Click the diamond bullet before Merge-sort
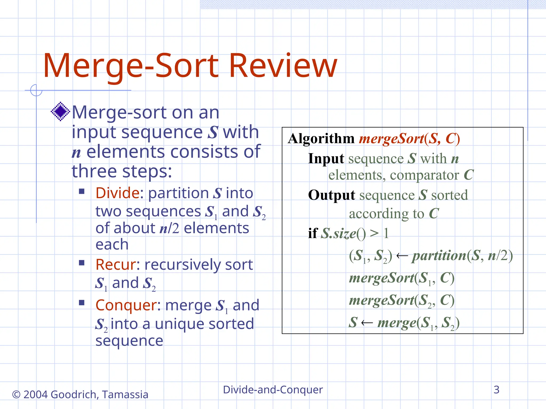tap(61, 111)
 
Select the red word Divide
tap(117, 193)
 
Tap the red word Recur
tap(116, 264)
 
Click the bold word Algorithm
tap(321, 139)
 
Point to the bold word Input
tap(326, 159)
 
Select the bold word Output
tap(331, 195)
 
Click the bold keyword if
tap(313, 233)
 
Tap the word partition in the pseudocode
tap(439, 256)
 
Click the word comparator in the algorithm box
tap(424, 175)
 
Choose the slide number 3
tap(496, 390)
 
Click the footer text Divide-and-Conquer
tap(273, 390)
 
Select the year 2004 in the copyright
tap(36, 394)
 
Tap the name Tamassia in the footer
tap(125, 394)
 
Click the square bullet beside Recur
tap(82, 263)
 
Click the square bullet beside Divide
tap(82, 191)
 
